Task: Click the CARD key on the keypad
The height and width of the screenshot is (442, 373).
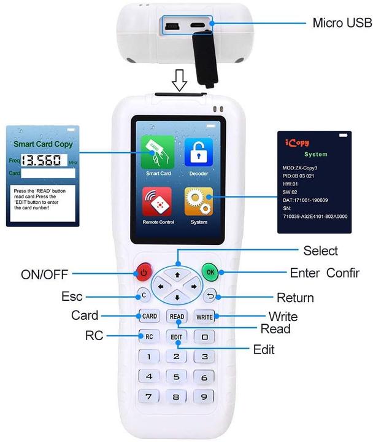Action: point(150,317)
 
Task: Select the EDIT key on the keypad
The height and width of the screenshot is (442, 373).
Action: point(177,336)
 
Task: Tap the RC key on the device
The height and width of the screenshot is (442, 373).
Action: point(149,336)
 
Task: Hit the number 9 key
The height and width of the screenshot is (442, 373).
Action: point(204,396)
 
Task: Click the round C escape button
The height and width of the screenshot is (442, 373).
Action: point(143,295)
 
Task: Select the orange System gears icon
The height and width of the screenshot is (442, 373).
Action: point(198,201)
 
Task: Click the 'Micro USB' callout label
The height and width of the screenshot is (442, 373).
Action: point(342,23)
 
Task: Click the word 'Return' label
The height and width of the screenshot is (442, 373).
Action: point(295,298)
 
